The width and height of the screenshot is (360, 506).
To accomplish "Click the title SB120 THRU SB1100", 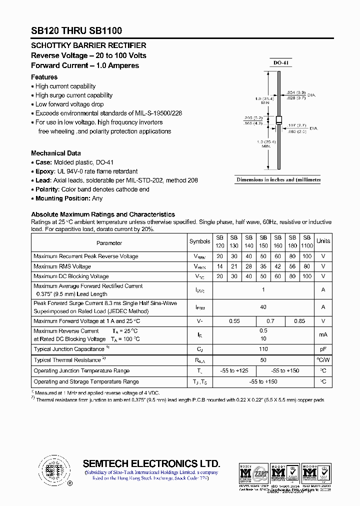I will click(x=76, y=31).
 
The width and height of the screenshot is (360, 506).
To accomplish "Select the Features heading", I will click(x=44, y=77).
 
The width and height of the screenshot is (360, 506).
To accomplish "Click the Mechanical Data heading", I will click(x=56, y=153).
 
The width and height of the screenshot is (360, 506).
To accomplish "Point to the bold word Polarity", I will click(x=47, y=189).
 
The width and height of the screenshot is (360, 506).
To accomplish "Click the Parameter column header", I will click(x=109, y=243).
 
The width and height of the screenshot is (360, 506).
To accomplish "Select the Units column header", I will click(x=323, y=241).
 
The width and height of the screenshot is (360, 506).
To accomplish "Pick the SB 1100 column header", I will click(x=307, y=242).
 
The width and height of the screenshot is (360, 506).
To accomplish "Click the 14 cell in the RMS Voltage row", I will click(x=219, y=266).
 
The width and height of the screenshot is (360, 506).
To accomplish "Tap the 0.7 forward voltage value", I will click(x=270, y=321).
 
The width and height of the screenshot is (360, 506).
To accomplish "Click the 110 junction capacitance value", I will click(x=263, y=349).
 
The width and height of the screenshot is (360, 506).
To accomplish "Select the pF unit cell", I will click(x=323, y=349).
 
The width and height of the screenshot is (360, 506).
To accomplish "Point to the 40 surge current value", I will click(x=263, y=307).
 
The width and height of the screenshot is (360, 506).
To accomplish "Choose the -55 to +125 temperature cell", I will click(x=234, y=370).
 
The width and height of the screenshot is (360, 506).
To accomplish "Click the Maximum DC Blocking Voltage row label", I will click(x=71, y=276).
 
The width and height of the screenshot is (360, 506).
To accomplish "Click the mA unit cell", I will click(x=323, y=334).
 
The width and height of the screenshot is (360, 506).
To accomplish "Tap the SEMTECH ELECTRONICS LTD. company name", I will click(x=151, y=463).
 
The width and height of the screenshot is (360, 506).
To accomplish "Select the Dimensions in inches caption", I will click(x=277, y=179).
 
